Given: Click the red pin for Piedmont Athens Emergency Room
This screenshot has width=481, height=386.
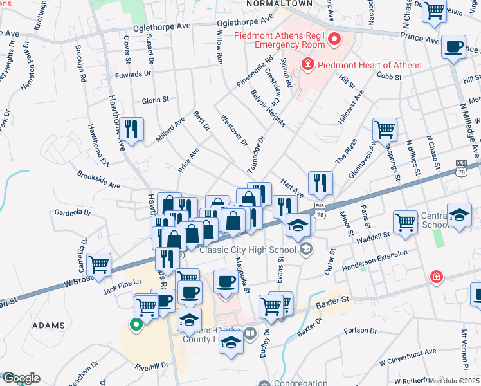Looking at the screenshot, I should [334, 41].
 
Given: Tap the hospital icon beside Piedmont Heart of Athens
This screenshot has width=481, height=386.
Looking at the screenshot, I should [307, 65].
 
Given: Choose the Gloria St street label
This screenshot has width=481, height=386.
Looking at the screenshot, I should [155, 100].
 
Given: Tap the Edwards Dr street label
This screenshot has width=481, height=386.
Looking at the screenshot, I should [133, 74].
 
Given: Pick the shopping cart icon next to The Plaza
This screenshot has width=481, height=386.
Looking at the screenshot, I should [385, 129].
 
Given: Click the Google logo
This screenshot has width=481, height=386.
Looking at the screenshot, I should [21, 378].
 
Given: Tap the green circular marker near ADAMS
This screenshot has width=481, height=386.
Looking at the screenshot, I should [136, 326].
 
